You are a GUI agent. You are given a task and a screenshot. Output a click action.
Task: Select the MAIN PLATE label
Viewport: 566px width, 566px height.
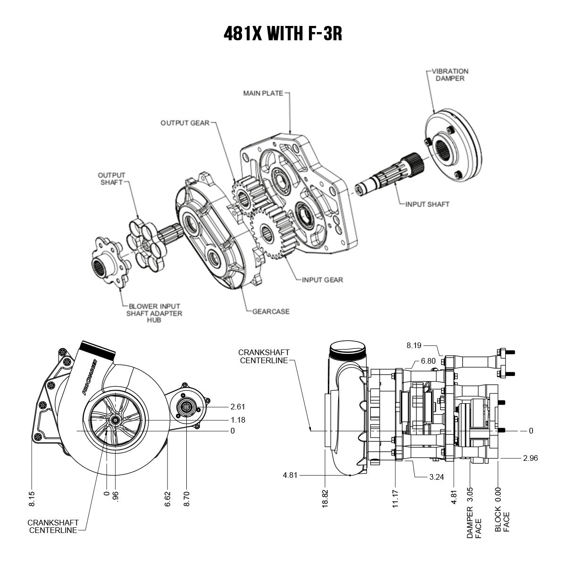(263, 93)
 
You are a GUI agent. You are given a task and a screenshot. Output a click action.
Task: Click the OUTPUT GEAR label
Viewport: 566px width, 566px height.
(184, 123)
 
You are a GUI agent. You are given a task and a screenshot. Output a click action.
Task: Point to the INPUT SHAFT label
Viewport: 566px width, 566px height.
(427, 204)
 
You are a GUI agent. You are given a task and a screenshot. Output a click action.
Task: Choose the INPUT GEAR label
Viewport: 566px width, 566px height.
(323, 280)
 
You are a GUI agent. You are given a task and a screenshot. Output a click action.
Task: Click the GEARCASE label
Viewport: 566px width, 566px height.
(271, 311)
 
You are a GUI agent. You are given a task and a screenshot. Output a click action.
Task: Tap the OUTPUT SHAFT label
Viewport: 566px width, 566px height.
(112, 179)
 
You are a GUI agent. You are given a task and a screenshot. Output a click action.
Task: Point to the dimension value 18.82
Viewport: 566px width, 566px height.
(325, 498)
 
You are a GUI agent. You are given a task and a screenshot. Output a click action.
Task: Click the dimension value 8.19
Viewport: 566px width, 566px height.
(414, 345)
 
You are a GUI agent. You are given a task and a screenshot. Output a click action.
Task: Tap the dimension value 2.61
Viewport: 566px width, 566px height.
(238, 406)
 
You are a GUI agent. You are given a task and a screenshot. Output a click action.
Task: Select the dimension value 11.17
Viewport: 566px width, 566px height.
(396, 498)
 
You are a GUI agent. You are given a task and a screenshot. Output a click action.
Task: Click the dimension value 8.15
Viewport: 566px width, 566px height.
(31, 498)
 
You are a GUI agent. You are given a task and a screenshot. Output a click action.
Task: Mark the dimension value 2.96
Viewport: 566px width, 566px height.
(530, 458)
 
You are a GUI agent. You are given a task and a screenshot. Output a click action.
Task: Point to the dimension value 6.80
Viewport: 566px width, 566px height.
(428, 361)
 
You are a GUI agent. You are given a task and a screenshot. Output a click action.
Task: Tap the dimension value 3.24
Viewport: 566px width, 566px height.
(437, 476)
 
